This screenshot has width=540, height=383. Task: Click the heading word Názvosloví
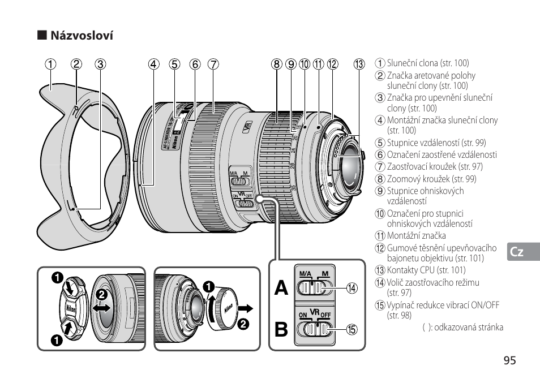82,36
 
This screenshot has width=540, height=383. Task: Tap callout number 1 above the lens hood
52,64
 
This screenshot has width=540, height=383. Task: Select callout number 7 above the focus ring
213,64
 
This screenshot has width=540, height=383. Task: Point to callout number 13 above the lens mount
359,64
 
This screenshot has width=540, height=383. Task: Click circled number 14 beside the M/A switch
353,288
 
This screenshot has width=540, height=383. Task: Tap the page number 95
509,361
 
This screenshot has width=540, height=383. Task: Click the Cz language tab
516,252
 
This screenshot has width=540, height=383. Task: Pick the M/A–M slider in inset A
313,288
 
